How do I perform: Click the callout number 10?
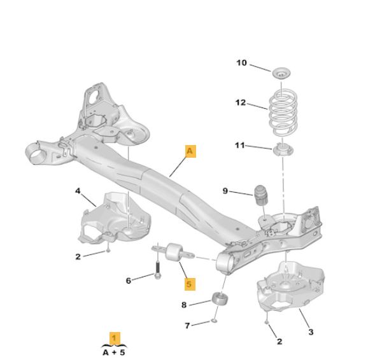[x=241, y=63]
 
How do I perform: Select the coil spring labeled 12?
[x=283, y=112]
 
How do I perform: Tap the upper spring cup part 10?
[x=281, y=73]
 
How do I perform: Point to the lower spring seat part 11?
[x=283, y=150]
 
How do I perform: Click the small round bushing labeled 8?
[x=220, y=300]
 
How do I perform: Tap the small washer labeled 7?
[x=214, y=321]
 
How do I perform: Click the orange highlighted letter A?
[x=190, y=151]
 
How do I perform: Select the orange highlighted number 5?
[x=190, y=284]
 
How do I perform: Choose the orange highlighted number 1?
[x=115, y=338]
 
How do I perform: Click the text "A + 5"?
[x=114, y=352]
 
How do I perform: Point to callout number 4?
[x=78, y=191]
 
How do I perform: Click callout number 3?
[x=311, y=332]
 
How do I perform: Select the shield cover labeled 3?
[x=291, y=287]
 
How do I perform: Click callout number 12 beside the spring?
[x=241, y=102]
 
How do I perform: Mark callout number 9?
[x=225, y=191]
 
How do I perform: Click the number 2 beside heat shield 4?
[x=78, y=257]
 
